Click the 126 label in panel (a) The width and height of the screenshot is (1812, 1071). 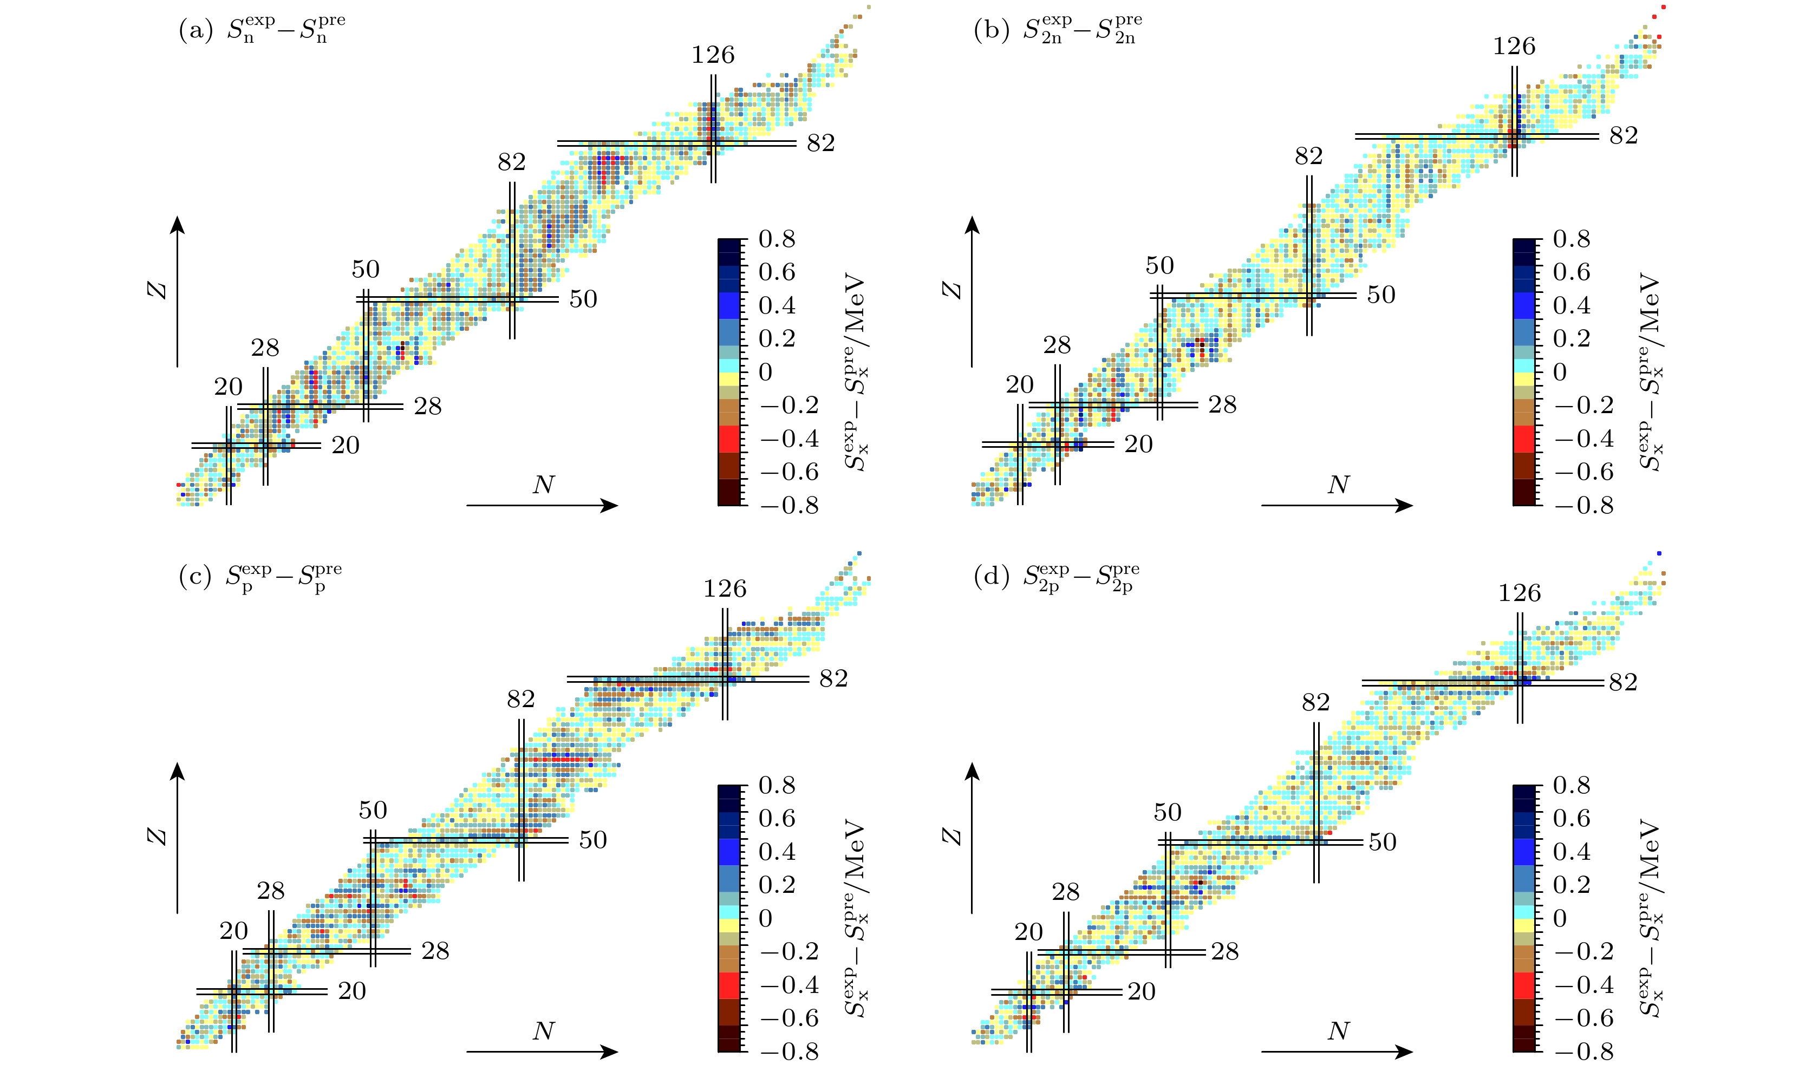coord(713,55)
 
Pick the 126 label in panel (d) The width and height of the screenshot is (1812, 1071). coord(1519,593)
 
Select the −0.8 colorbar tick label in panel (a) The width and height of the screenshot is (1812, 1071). coord(790,506)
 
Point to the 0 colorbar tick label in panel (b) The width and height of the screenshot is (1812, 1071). coord(1560,373)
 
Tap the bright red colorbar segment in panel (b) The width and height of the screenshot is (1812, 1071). coord(1528,439)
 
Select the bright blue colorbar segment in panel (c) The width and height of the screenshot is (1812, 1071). coord(733,852)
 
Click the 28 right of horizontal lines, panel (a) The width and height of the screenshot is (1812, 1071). coord(428,406)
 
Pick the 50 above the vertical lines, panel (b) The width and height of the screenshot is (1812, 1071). coord(1159,266)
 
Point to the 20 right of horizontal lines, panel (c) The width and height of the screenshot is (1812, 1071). coord(352,991)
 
